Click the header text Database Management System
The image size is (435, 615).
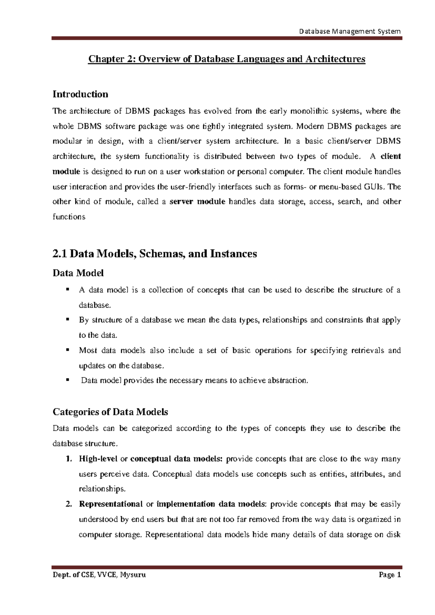coord(350,31)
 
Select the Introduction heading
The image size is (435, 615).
coord(80,94)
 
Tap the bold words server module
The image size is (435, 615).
coord(198,202)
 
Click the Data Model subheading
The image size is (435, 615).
coord(78,273)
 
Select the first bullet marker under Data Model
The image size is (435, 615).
coord(67,289)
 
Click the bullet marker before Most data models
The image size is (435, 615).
coord(67,350)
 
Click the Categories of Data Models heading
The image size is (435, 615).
coord(110,412)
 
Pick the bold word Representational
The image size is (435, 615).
coord(111,504)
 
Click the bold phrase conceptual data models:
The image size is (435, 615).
coord(176,459)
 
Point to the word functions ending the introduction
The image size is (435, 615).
coord(69,217)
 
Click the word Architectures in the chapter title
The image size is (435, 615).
coord(335,59)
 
